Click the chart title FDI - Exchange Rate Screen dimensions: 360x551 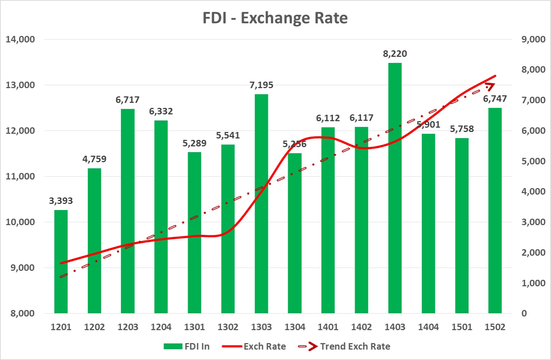pyautogui.click(x=275, y=18)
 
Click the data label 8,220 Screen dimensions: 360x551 pyautogui.click(x=395, y=54)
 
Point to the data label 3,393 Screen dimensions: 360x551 pyautogui.click(x=61, y=201)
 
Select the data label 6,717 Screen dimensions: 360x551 pyautogui.click(x=127, y=100)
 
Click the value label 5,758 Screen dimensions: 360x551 pyautogui.click(x=462, y=129)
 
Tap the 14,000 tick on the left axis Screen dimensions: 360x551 pyautogui.click(x=20, y=39)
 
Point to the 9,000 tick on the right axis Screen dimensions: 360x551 pyautogui.click(x=533, y=39)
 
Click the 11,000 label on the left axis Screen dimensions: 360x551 pyautogui.click(x=20, y=176)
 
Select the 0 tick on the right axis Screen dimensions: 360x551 pyautogui.click(x=524, y=313)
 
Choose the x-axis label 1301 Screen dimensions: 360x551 pyautogui.click(x=195, y=327)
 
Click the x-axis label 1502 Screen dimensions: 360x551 pyautogui.click(x=495, y=327)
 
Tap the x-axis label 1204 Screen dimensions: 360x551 pyautogui.click(x=161, y=327)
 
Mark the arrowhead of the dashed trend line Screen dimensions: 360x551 pyautogui.click(x=491, y=86)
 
